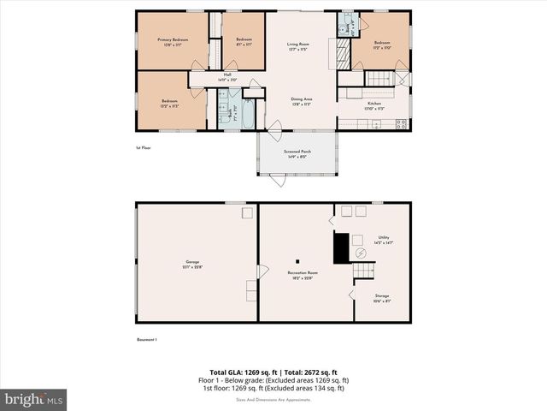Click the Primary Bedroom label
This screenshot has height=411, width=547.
click(172, 40)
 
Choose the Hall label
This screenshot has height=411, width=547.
click(227, 77)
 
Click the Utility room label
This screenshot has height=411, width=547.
click(383, 241)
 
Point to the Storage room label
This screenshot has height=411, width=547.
click(382, 297)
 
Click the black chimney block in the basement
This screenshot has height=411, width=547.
click(341, 247)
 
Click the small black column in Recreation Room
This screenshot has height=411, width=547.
click(297, 260)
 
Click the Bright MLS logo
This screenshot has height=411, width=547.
click(34, 399)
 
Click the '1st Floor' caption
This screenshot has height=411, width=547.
click(144, 147)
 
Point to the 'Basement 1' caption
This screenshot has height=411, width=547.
click(147, 340)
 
